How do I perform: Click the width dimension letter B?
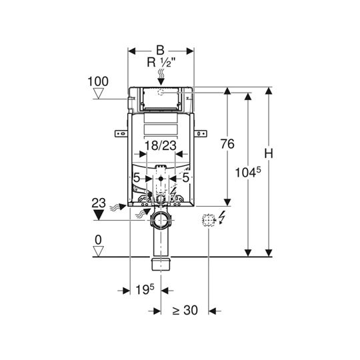click(x=160, y=50)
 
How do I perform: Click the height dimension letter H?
click(x=269, y=153)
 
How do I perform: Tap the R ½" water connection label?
click(x=161, y=62)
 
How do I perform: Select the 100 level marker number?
click(x=98, y=81)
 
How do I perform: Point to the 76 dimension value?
click(x=227, y=144)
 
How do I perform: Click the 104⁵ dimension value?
click(x=248, y=172)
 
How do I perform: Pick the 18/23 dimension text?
click(x=161, y=145)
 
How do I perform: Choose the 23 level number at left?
click(x=99, y=203)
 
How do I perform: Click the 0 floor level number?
click(x=98, y=240)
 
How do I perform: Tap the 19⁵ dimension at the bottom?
click(x=145, y=289)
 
